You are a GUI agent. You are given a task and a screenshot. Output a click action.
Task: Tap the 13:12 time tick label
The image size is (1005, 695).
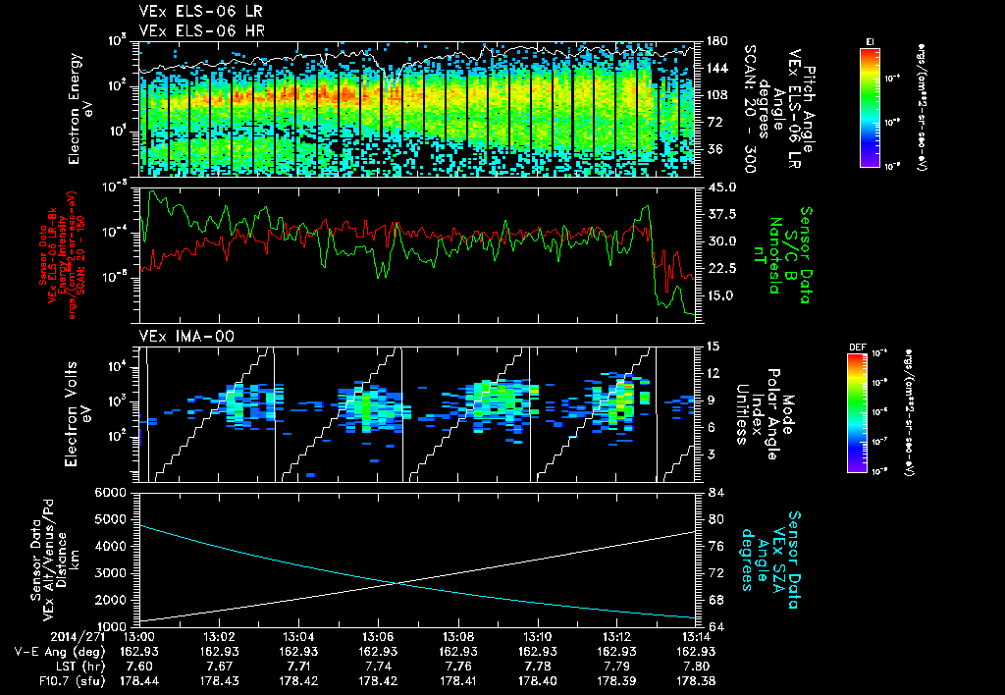pos(616,636)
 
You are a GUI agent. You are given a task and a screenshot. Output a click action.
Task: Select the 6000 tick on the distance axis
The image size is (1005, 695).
pos(116,491)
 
